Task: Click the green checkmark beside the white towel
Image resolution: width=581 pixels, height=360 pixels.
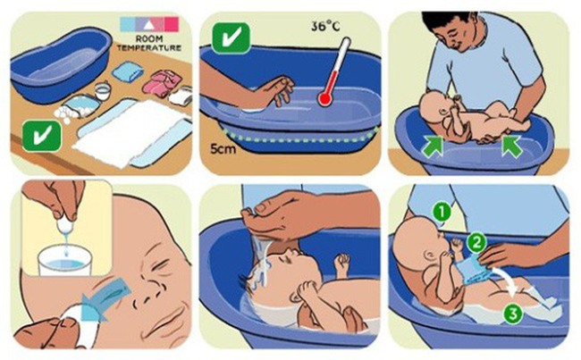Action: click(41, 136)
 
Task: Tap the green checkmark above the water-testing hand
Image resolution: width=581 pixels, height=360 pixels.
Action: click(231, 38)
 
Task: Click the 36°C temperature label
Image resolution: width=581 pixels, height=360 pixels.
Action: click(325, 26)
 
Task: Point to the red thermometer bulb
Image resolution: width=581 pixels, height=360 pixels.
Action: click(324, 99)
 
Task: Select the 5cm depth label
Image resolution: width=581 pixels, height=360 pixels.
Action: click(223, 149)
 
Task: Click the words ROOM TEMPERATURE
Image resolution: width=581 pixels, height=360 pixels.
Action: click(149, 44)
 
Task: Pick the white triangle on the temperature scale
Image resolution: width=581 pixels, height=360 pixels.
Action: click(148, 25)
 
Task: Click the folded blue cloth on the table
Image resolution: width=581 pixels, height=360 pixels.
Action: click(128, 71)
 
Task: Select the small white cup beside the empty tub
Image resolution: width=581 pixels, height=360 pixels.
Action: click(102, 91)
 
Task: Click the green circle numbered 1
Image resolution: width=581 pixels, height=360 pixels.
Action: click(442, 213)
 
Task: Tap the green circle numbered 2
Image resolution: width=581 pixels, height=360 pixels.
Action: click(476, 243)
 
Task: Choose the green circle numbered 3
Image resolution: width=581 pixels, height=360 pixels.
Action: click(512, 314)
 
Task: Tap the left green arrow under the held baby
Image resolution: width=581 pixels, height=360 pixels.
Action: click(433, 147)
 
